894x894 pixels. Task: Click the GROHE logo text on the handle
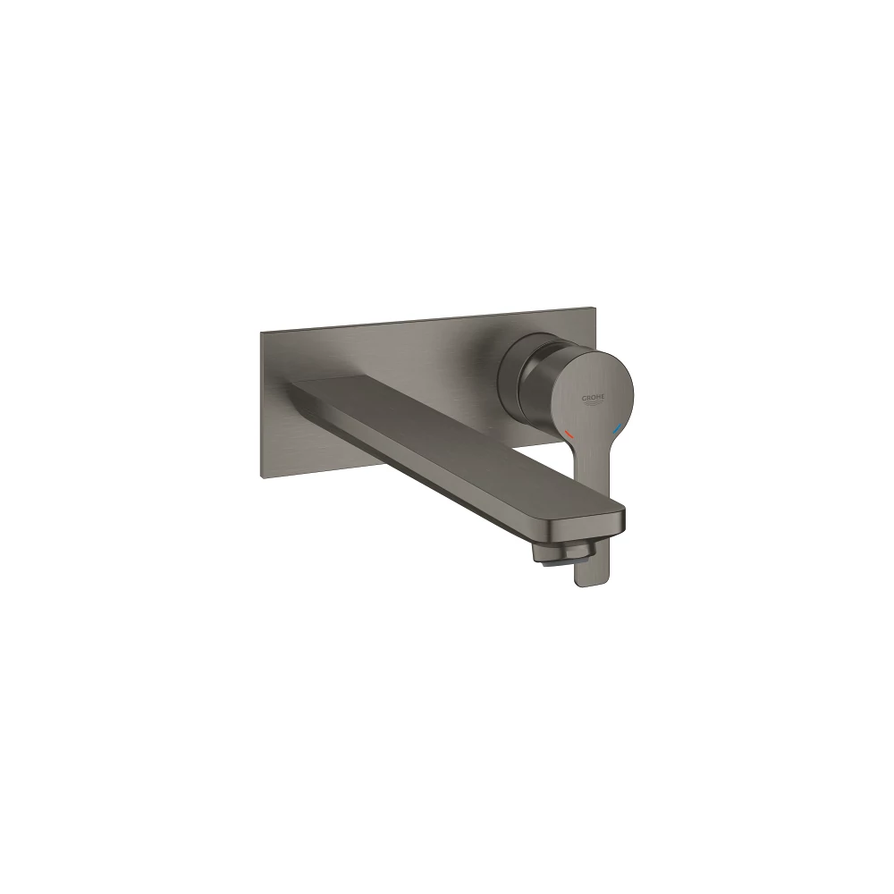coord(595,399)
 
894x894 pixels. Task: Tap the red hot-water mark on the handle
coord(568,435)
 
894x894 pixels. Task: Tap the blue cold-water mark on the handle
coord(617,427)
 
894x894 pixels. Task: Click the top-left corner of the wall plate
coord(261,331)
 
